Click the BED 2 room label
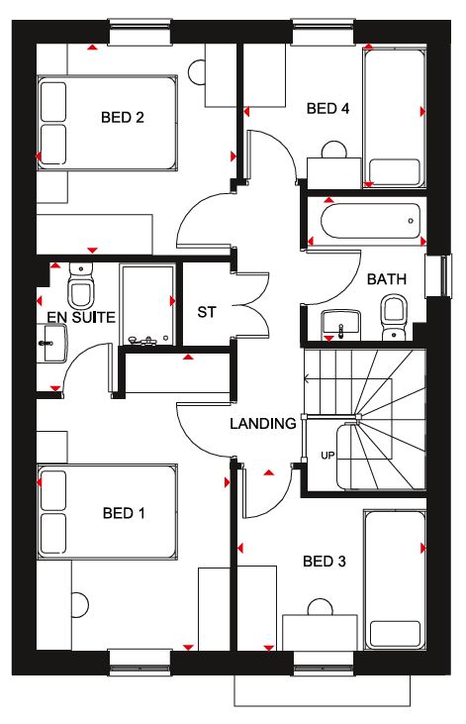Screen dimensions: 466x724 click(x=123, y=117)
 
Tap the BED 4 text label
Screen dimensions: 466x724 click(x=327, y=109)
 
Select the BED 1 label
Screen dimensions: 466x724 click(x=124, y=513)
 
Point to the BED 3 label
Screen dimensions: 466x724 click(x=325, y=562)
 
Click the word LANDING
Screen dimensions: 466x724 click(x=263, y=424)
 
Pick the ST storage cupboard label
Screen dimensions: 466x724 click(x=206, y=313)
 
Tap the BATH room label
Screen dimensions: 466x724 click(x=387, y=279)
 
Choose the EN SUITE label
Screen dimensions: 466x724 click(x=81, y=317)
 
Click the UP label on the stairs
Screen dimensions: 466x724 click(x=327, y=456)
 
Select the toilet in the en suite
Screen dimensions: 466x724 click(x=80, y=286)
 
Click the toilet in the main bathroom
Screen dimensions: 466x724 click(x=394, y=317)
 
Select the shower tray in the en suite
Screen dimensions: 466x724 click(x=147, y=304)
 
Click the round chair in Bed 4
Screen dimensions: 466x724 click(x=334, y=150)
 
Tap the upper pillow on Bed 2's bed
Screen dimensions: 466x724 click(x=53, y=102)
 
